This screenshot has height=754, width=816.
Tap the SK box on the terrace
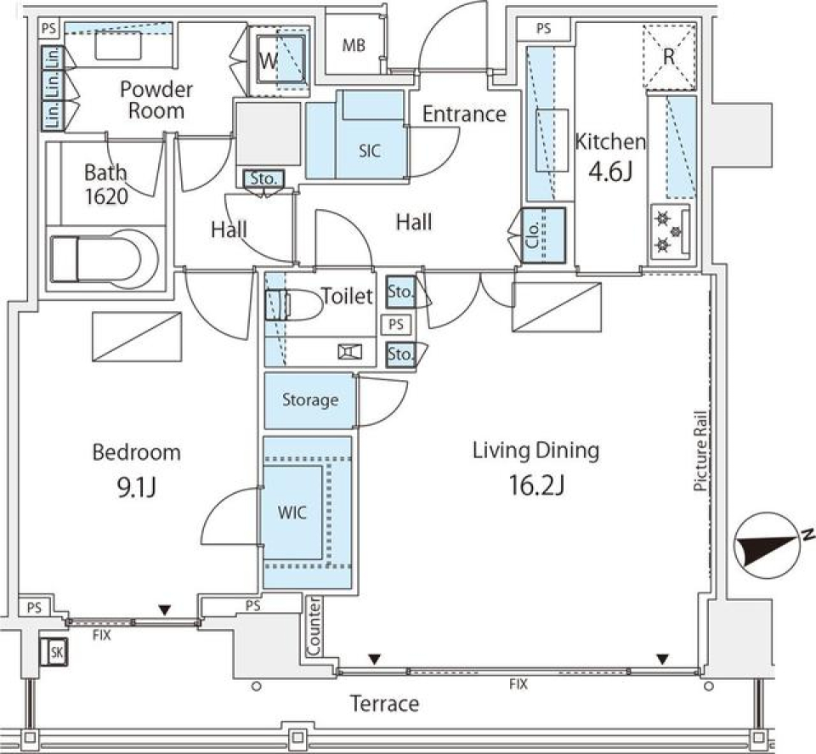(54, 651)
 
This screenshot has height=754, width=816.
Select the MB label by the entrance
(354, 46)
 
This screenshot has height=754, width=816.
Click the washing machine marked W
(279, 61)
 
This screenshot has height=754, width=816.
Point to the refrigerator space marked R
(669, 55)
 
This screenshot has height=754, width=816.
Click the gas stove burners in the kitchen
(669, 231)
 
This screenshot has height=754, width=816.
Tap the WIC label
(292, 513)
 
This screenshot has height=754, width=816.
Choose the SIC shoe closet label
(370, 151)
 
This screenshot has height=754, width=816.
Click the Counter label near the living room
(314, 626)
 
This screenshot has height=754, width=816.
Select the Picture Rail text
(700, 451)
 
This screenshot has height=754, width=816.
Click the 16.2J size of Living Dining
(536, 485)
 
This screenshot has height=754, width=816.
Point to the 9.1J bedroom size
(136, 488)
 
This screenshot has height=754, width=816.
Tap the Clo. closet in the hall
(543, 235)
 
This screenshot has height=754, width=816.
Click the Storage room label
(310, 400)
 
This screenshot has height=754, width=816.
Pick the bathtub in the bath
(104, 259)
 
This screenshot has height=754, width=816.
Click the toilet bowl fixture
(294, 304)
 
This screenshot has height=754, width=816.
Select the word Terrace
(384, 704)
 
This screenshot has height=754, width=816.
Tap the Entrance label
(464, 114)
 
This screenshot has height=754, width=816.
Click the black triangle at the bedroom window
(165, 610)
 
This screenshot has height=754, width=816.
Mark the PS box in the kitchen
(543, 29)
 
